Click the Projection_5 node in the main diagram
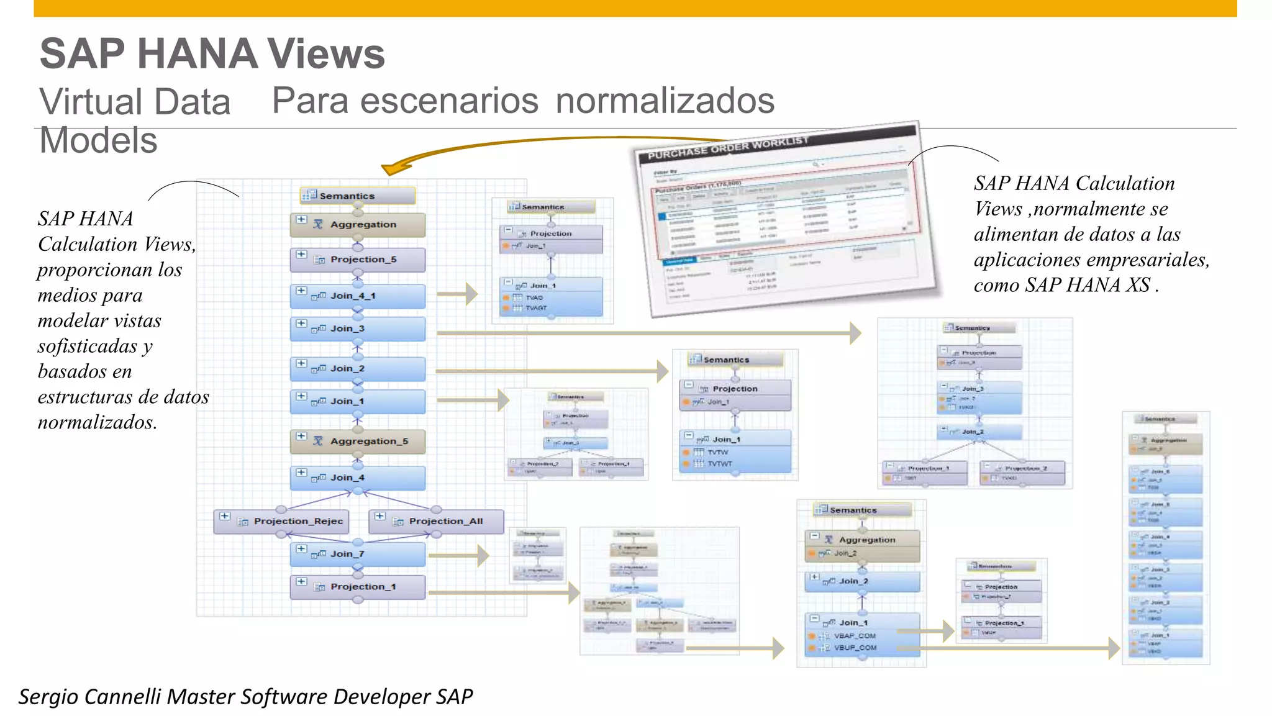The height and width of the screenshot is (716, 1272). click(x=358, y=260)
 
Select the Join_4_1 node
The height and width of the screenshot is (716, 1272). click(x=358, y=296)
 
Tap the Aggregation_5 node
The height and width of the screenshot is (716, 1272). click(x=358, y=442)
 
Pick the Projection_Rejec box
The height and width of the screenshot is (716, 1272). click(x=281, y=522)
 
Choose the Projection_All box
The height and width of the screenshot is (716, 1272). click(x=437, y=522)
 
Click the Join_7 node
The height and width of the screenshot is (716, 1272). click(x=358, y=554)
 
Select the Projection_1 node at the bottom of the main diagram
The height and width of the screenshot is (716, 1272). click(x=358, y=587)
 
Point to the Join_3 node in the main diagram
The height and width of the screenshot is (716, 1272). click(x=358, y=329)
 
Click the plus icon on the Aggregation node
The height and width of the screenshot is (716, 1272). click(x=301, y=220)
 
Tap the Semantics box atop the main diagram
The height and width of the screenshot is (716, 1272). click(x=358, y=196)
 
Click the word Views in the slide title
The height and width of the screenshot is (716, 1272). click(x=326, y=54)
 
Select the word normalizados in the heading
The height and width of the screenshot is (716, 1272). click(x=665, y=101)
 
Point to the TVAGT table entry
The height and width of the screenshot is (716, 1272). click(x=536, y=308)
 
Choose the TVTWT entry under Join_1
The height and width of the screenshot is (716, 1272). click(x=720, y=464)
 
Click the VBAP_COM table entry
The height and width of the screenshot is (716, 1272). click(x=855, y=636)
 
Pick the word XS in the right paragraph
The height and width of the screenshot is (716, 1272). click(x=1138, y=285)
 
